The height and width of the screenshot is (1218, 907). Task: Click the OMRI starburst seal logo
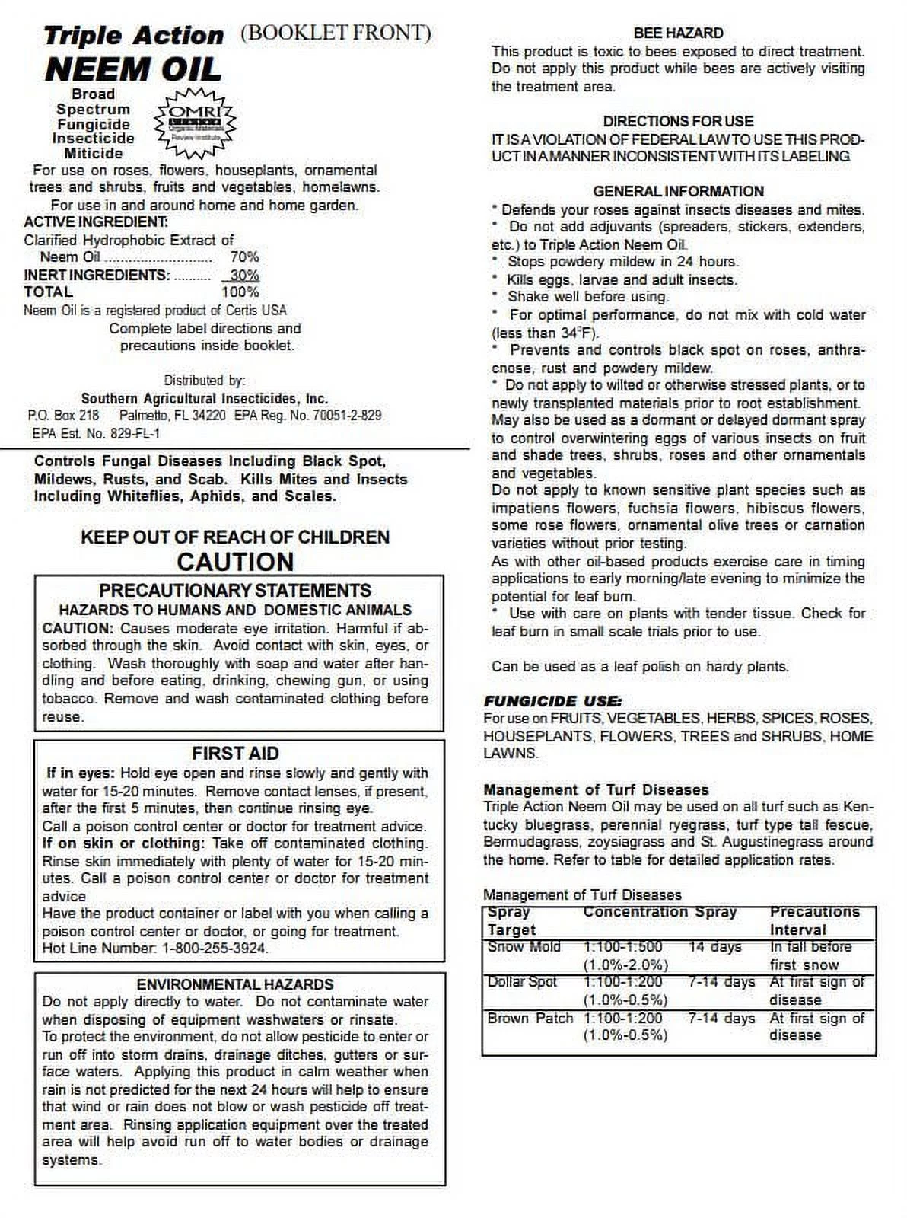point(196,123)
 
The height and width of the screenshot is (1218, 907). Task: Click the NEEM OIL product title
point(133,70)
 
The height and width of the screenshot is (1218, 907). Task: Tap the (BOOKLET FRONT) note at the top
point(336,33)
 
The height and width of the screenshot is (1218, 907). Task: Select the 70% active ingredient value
point(244,257)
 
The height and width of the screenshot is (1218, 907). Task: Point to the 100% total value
point(240,292)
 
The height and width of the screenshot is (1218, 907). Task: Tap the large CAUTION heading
point(235,562)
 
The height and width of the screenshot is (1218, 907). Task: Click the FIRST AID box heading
point(235,753)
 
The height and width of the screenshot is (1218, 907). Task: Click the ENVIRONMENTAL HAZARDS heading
point(235,984)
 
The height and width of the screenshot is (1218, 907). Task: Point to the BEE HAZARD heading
point(678,33)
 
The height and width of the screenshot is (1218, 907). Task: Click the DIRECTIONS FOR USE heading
point(678,121)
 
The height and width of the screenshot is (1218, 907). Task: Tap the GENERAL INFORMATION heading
point(678,191)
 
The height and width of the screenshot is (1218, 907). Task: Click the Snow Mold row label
point(524,947)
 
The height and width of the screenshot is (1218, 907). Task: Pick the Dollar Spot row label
point(522,982)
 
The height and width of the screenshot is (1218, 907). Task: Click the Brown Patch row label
point(530,1018)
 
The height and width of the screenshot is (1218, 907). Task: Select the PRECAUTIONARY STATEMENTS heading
point(235,591)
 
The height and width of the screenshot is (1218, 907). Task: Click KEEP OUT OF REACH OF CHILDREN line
point(235,537)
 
